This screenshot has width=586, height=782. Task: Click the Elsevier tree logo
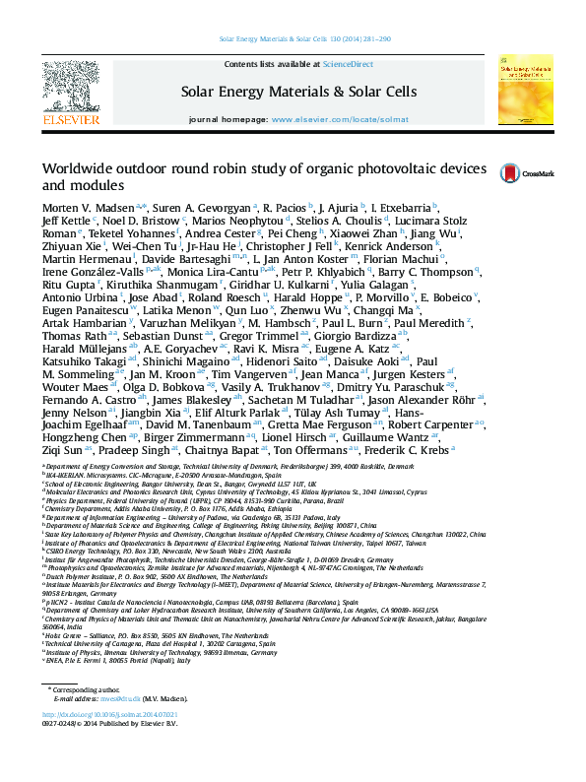[x=71, y=86]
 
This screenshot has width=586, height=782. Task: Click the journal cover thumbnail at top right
[x=523, y=91]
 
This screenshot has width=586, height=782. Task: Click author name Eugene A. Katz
[x=358, y=348]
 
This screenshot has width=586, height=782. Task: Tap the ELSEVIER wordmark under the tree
[x=71, y=120]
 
